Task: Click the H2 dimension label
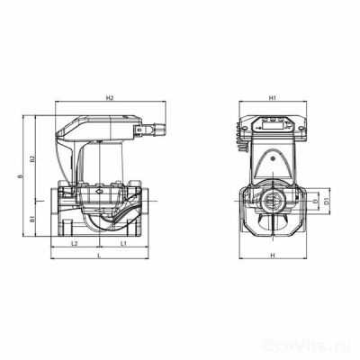tap(108, 97)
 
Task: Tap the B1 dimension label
tap(33, 218)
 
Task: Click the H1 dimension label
tap(271, 97)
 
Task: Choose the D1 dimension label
tap(326, 201)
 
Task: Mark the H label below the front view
tap(271, 256)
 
